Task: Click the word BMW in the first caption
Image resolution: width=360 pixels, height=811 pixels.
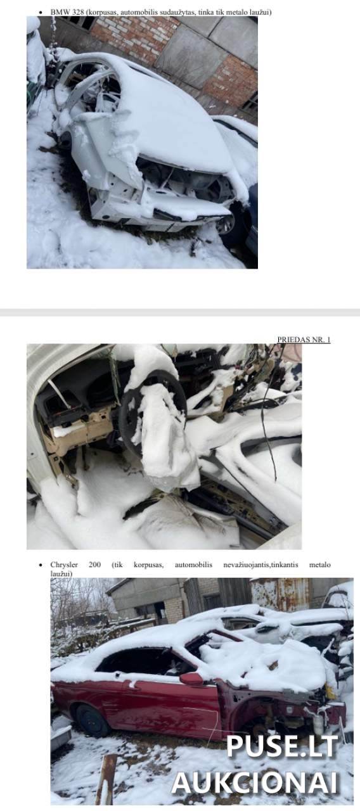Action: coord(57,12)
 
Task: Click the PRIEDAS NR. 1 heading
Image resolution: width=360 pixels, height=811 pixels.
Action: coord(304,340)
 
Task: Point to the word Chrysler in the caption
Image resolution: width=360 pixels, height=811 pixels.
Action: coord(64,565)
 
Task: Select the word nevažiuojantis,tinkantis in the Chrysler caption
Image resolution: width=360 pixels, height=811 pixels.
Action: coord(260,565)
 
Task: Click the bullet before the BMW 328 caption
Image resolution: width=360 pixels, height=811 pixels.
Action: coord(41,12)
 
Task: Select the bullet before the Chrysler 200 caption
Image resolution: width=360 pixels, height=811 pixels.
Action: coord(41,565)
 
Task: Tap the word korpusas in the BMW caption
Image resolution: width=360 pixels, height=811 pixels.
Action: coord(102,12)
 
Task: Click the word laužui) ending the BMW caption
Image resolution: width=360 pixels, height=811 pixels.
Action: coord(260,12)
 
